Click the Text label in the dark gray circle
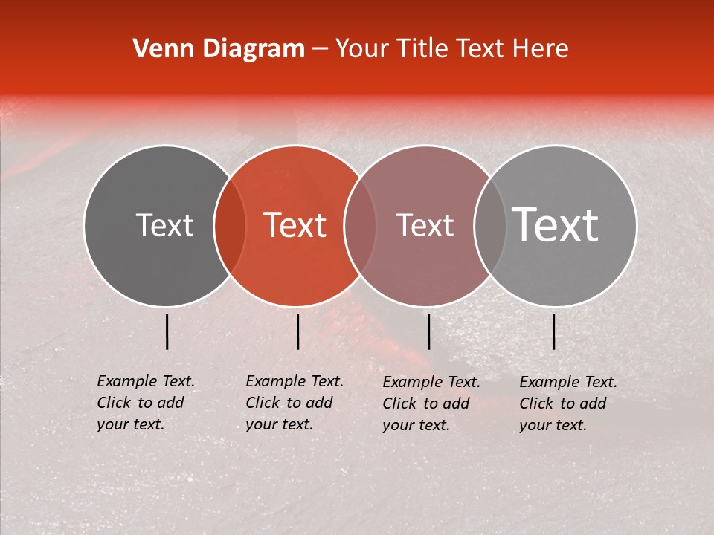click(164, 226)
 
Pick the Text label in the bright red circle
click(295, 226)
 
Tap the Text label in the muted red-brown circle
click(425, 226)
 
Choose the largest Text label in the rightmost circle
click(555, 225)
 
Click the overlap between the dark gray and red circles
click(230, 226)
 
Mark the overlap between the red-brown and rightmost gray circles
click(490, 226)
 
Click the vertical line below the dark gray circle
click(167, 331)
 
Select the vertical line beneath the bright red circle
click(297, 331)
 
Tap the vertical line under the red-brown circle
click(428, 331)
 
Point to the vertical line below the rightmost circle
click(554, 331)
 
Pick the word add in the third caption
click(457, 403)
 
